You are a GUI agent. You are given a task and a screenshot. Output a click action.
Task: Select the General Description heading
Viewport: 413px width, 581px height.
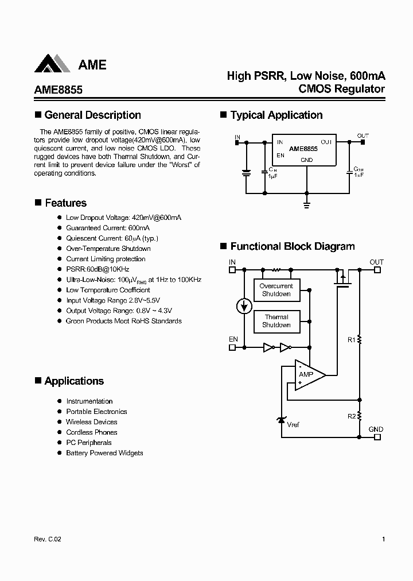click(x=92, y=115)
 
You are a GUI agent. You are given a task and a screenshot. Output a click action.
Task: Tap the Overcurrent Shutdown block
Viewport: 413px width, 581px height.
click(x=276, y=290)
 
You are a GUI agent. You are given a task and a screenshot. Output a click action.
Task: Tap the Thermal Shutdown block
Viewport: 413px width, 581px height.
click(x=276, y=321)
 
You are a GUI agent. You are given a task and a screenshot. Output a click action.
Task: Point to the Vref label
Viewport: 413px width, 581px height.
click(x=293, y=425)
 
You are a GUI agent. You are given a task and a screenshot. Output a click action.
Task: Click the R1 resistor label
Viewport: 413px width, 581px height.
click(x=352, y=340)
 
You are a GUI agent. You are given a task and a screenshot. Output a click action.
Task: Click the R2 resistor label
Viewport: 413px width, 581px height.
click(x=352, y=416)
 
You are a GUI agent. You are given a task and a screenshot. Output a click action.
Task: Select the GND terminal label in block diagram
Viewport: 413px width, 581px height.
click(x=376, y=429)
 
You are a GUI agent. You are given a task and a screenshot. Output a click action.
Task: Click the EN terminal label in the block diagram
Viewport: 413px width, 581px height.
click(x=233, y=339)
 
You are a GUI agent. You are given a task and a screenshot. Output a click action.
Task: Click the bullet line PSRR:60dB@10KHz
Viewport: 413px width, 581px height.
click(x=98, y=269)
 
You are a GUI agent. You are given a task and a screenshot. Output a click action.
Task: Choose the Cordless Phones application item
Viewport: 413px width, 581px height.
click(x=92, y=432)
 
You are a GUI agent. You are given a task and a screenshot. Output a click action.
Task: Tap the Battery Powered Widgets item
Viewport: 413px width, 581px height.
click(x=104, y=453)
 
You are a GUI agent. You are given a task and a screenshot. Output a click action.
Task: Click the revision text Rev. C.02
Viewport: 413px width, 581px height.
click(x=43, y=539)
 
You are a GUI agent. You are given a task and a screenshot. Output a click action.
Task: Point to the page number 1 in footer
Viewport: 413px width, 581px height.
click(x=383, y=539)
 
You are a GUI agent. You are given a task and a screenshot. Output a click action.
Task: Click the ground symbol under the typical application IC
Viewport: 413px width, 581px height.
click(x=307, y=203)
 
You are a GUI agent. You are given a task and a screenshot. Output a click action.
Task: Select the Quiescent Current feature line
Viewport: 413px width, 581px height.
click(x=112, y=238)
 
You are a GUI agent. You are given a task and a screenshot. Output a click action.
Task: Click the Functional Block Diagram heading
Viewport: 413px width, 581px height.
click(x=293, y=246)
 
